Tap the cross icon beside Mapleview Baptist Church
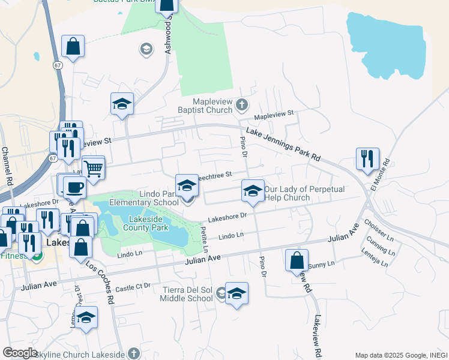[241, 105]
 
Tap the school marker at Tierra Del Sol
[237, 293]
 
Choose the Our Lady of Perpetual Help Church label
[304, 193]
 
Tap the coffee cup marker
[74, 187]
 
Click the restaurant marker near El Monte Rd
[367, 159]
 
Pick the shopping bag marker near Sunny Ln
[297, 260]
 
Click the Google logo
[20, 353]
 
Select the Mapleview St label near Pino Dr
[274, 113]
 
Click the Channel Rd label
[7, 167]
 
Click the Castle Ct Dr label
[134, 287]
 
